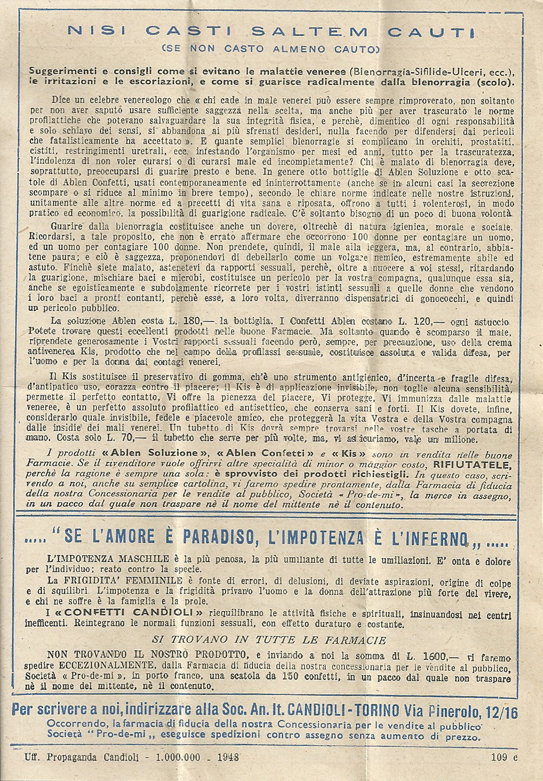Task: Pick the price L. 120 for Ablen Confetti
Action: point(415,321)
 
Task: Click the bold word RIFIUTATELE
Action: point(472,464)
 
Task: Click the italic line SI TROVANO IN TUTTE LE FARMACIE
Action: point(269,640)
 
